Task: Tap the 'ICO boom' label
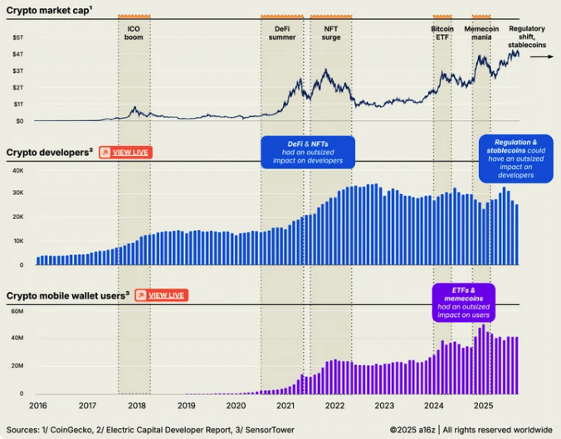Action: pos(134,33)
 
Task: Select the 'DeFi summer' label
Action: pos(282,33)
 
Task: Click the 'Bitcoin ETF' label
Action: pos(442,33)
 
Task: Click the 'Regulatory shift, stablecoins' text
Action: pos(527,37)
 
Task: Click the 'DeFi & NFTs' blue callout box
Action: pos(308,152)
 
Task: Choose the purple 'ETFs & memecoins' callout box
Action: pos(462,302)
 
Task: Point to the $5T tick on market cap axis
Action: pos(17,38)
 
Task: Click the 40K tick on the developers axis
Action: pos(17,169)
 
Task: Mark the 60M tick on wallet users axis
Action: pos(17,310)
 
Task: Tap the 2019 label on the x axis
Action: pos(186,406)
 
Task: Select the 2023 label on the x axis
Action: pos(383,406)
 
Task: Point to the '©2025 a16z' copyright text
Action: pos(412,429)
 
